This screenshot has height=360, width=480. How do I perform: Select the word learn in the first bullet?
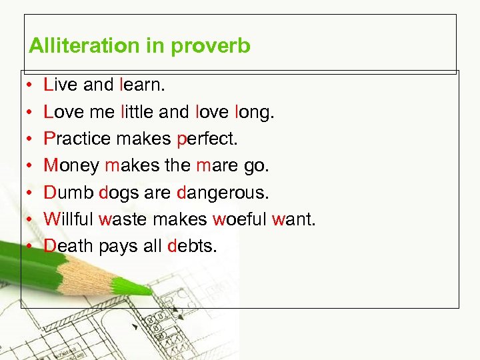pos(142,85)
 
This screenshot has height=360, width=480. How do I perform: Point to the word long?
pos(254,113)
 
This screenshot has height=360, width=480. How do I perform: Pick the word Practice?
pos(77,139)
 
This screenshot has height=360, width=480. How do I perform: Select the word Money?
pos(71,166)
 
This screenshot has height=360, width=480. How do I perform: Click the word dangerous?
pos(223,193)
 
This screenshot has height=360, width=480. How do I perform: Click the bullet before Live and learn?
pos(31,86)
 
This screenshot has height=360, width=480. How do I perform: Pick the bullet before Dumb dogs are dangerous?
pos(31,193)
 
